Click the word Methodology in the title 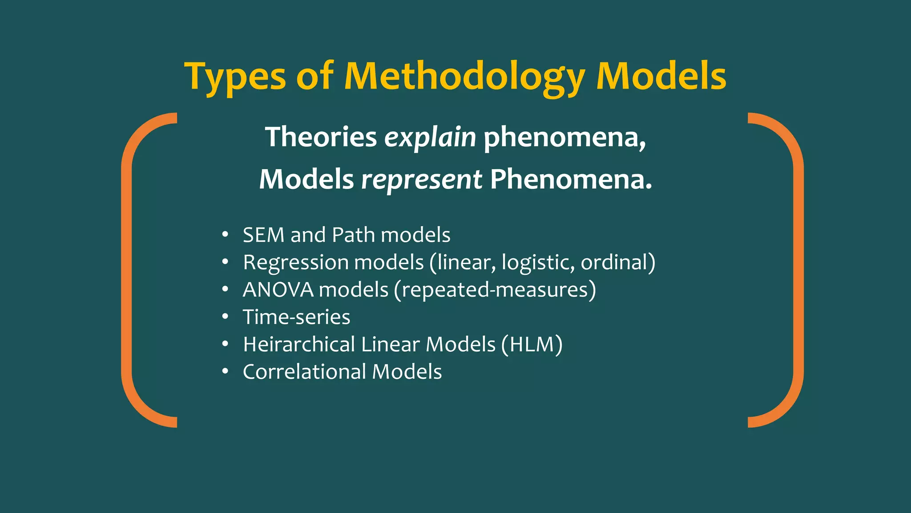(x=464, y=77)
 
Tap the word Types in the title (x=235, y=77)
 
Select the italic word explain (x=430, y=137)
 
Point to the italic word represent (x=421, y=179)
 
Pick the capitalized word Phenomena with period (x=571, y=179)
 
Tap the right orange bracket (x=798, y=270)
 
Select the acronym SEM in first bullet (x=263, y=235)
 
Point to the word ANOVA (x=278, y=290)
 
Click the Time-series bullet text (x=296, y=317)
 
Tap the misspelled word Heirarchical (x=299, y=345)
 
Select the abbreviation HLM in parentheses (x=531, y=345)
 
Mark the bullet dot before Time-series (x=226, y=317)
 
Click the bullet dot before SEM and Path (x=226, y=234)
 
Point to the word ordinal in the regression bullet (x=614, y=262)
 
